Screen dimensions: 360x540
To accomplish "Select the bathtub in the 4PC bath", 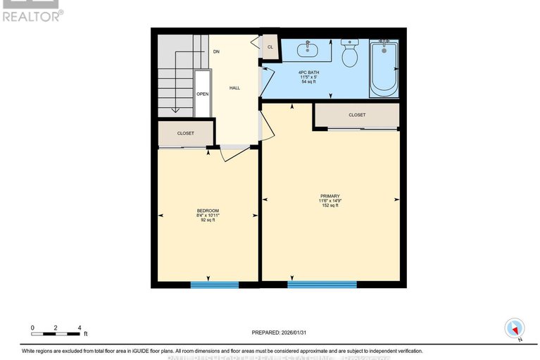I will (384, 68).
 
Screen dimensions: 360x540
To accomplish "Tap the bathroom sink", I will (308, 49).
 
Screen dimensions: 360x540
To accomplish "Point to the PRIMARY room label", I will (330, 197).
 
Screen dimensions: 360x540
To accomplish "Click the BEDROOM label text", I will (208, 211).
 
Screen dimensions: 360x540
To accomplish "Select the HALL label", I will (234, 88).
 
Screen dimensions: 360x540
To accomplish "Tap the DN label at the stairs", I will (217, 51).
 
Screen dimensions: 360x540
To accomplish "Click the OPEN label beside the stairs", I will (202, 94).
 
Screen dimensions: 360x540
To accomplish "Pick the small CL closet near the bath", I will (270, 48).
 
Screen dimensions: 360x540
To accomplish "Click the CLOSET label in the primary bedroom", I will (357, 115).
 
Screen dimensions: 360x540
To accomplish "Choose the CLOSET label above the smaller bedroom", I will (186, 132).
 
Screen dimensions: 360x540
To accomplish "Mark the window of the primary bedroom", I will (321, 285).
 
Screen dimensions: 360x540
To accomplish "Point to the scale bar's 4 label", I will (80, 328).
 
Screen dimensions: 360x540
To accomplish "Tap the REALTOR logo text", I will (32, 15).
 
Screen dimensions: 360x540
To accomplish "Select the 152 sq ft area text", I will (330, 206).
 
